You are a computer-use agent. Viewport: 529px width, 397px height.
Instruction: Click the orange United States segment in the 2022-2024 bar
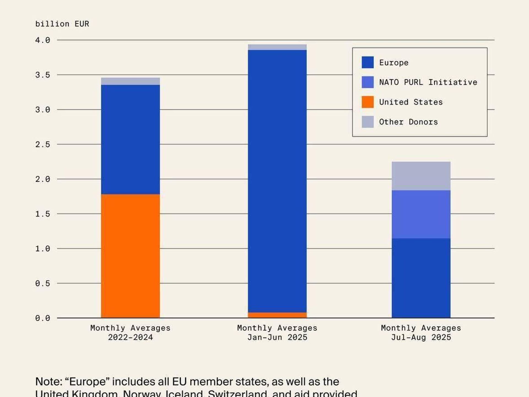130,256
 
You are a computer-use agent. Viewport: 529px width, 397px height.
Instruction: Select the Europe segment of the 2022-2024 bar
130,139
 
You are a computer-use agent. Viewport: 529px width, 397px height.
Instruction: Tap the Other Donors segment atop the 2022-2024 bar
130,81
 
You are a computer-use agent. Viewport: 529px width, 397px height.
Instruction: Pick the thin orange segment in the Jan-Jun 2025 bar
277,315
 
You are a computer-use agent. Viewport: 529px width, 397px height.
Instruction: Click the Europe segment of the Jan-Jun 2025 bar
277,181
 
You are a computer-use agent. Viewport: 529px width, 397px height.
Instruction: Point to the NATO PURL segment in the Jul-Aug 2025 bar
421,214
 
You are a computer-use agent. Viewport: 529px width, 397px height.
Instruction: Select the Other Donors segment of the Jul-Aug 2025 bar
421,176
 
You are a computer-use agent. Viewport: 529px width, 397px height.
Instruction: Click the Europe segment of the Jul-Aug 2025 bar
421,278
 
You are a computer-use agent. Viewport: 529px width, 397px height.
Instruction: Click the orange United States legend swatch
368,102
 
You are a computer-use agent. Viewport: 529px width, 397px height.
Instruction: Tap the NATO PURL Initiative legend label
428,82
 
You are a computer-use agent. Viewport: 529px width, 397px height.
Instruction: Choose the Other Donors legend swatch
368,122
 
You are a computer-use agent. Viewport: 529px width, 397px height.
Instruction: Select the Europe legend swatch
368,62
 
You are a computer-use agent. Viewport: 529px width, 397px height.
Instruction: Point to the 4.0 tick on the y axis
43,40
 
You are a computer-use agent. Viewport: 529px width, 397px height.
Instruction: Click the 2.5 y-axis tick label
43,144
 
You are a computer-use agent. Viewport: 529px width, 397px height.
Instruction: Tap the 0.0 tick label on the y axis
43,318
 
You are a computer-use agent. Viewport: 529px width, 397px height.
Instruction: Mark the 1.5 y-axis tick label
43,214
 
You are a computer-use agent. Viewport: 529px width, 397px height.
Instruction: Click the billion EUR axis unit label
62,24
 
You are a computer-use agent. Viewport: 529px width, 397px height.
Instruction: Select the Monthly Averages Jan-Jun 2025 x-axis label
277,333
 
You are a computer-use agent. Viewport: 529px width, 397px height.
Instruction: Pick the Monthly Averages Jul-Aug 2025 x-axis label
421,333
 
